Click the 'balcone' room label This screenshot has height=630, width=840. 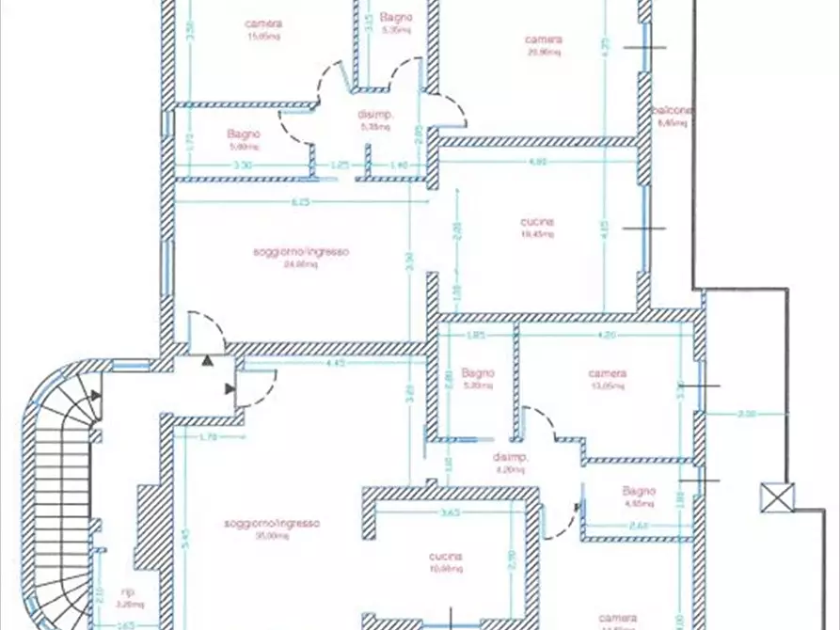click(x=674, y=111)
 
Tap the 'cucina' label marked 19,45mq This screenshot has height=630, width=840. click(x=537, y=223)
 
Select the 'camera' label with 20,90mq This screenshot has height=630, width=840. click(x=544, y=39)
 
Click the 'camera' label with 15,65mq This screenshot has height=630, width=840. click(x=263, y=24)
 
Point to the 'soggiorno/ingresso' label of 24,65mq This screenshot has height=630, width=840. click(x=301, y=252)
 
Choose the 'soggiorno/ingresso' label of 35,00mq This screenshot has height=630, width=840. click(x=273, y=523)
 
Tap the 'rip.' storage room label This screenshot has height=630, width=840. click(x=128, y=591)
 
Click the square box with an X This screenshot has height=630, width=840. click(x=777, y=497)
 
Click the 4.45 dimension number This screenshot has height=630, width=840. click(x=334, y=363)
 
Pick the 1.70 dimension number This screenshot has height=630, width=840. click(x=208, y=436)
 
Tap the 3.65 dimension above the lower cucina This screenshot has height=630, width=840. click(x=450, y=512)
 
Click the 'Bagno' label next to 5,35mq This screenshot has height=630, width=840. click(x=395, y=18)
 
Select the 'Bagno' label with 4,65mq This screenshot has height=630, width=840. click(x=638, y=491)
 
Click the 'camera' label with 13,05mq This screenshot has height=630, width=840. click(x=607, y=373)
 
